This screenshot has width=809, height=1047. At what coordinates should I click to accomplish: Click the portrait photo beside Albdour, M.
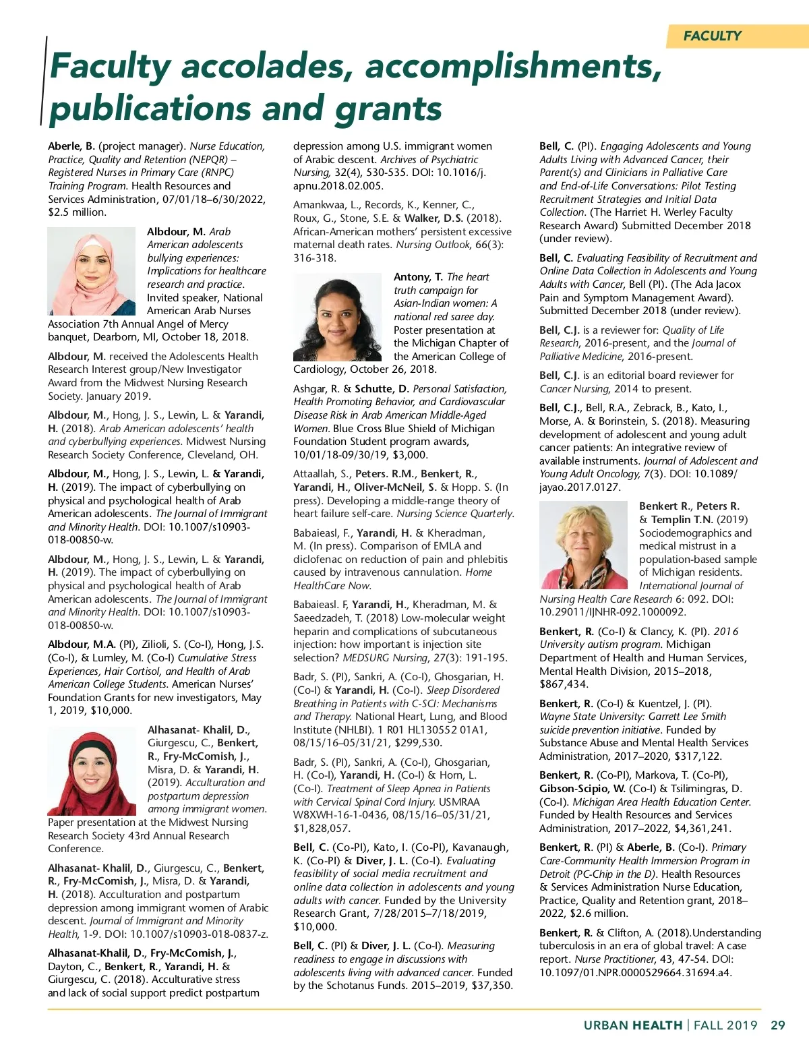91,271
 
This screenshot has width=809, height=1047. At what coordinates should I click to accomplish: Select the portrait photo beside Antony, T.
338,317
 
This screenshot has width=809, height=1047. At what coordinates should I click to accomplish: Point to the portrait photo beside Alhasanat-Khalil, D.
92,770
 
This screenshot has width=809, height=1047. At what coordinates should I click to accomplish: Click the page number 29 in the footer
777,1025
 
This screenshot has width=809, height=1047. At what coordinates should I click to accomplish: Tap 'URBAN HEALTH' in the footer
632,1025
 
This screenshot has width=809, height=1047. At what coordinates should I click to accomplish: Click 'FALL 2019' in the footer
725,1025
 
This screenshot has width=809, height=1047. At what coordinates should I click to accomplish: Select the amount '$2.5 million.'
78,212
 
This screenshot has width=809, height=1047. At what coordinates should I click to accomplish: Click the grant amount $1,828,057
322,828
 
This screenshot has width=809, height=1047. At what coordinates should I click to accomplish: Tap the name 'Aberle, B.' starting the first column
71,146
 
